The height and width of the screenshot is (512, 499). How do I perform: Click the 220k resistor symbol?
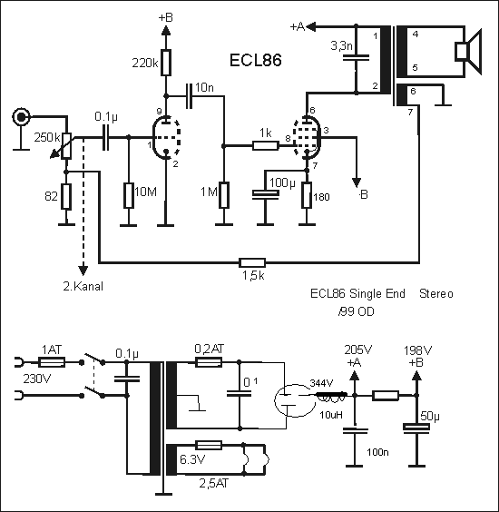pos(166,63)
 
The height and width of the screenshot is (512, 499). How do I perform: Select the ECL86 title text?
pos(256,60)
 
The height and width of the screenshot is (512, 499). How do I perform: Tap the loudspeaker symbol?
pos(468,52)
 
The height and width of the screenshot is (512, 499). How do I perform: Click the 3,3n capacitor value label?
pos(342,45)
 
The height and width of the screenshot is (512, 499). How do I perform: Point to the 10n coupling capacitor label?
pos(204,87)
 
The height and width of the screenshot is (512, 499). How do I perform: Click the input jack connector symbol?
pos(21,116)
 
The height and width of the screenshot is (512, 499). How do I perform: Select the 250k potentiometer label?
pos(47,137)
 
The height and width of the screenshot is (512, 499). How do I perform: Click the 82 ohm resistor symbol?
pos(66,196)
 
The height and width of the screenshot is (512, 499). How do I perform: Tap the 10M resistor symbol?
pos(129,195)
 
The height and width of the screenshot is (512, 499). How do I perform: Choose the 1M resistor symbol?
pos(224,195)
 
